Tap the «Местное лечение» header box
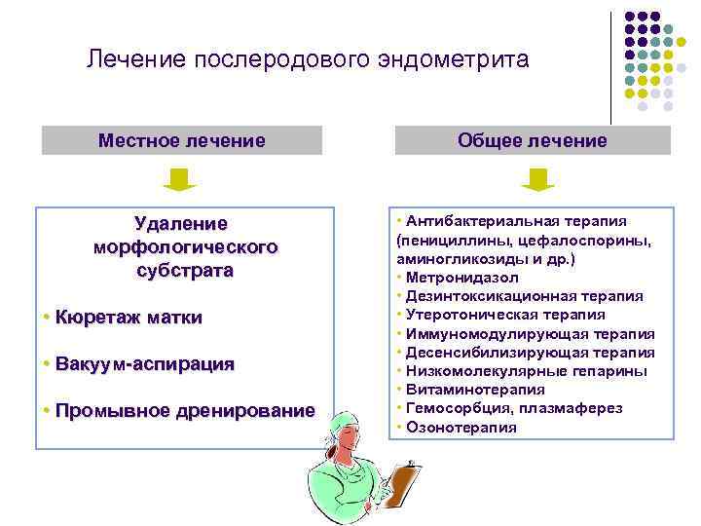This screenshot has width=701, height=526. point(181,141)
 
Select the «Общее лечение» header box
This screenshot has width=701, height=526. point(532,141)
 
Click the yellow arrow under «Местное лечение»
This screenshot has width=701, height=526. point(179,179)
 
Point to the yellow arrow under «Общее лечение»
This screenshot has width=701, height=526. point(537,179)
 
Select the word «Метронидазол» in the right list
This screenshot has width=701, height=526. point(457,279)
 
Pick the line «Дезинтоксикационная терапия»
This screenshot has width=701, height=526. point(525,296)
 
